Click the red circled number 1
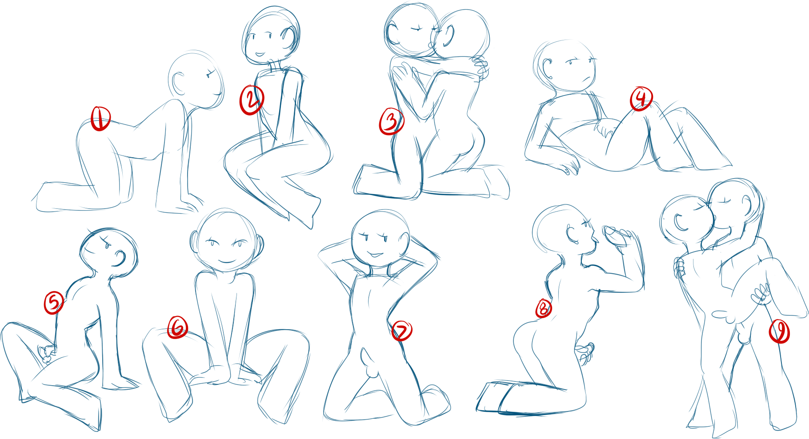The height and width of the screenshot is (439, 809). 100,119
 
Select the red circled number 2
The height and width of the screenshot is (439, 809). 252,100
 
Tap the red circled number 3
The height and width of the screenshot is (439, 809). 391,121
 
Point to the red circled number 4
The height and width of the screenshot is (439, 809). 641,99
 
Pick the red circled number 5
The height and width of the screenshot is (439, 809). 54,303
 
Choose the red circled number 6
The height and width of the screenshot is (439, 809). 177,327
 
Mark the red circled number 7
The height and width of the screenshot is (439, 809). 402,331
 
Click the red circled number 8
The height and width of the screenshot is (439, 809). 544,308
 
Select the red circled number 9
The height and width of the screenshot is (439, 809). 780,331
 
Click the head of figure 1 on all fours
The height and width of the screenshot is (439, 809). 196,80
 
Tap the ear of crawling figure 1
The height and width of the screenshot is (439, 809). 179,83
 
